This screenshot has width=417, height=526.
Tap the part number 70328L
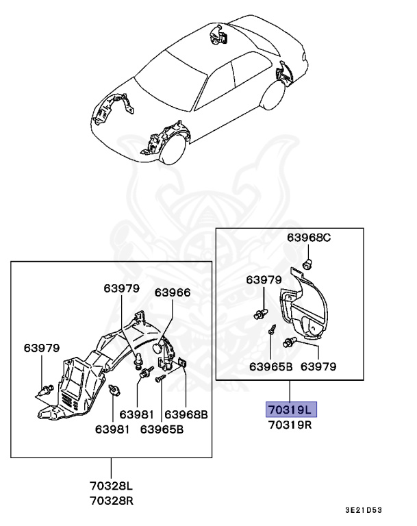110,486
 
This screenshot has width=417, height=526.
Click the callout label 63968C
308,238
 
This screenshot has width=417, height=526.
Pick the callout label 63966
172,292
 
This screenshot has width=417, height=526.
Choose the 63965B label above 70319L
270,366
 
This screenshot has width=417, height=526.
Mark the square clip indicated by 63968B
183,363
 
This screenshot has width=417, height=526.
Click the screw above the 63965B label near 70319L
272,328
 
